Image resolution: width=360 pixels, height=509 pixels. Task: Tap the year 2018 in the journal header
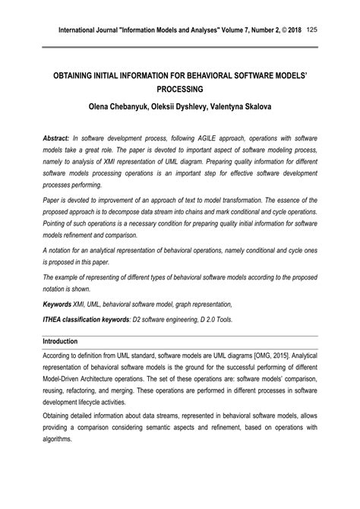click(x=292, y=30)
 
